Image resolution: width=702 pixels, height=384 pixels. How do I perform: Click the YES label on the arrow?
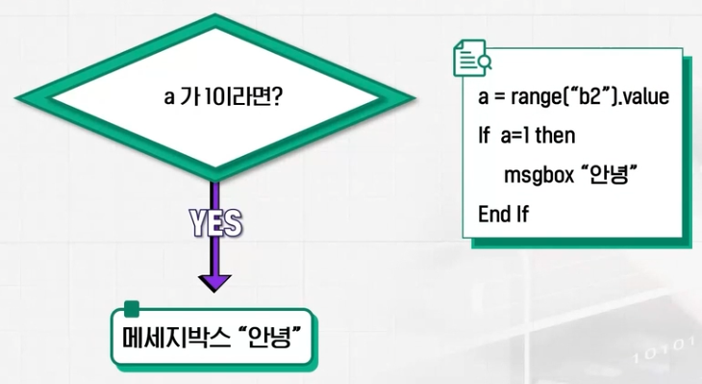[x=214, y=223]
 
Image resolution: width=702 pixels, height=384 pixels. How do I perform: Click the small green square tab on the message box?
[x=132, y=310]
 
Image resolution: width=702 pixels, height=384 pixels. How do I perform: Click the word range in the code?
[x=528, y=99]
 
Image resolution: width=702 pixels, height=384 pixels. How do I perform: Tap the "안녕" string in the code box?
[x=610, y=175]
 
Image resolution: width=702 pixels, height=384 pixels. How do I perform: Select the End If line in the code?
[x=503, y=213]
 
